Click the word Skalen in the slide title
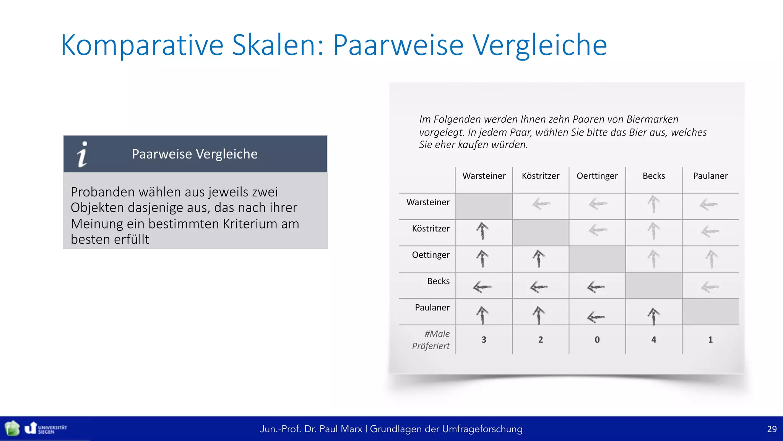pyautogui.click(x=277, y=45)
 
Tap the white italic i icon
pyautogui.click(x=82, y=154)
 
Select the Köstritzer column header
pyautogui.click(x=540, y=176)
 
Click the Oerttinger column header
pyautogui.click(x=597, y=176)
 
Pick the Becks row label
pyautogui.click(x=438, y=281)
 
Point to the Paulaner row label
pyautogui.click(x=432, y=307)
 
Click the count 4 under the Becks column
pyautogui.click(x=653, y=340)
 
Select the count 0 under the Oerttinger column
pyautogui.click(x=597, y=340)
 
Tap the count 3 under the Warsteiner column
pyautogui.click(x=484, y=340)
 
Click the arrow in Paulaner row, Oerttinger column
pyautogui.click(x=596, y=317)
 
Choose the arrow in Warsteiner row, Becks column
pyautogui.click(x=653, y=204)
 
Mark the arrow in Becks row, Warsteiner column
pyautogui.click(x=482, y=286)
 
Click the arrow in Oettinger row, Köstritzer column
pyautogui.click(x=539, y=258)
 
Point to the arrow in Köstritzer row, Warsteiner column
pyautogui.click(x=482, y=231)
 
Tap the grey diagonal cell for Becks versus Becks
pyautogui.click(x=653, y=286)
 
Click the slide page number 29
pyautogui.click(x=772, y=429)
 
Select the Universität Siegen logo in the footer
pyautogui.click(x=46, y=428)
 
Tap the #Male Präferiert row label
pyautogui.click(x=431, y=340)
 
